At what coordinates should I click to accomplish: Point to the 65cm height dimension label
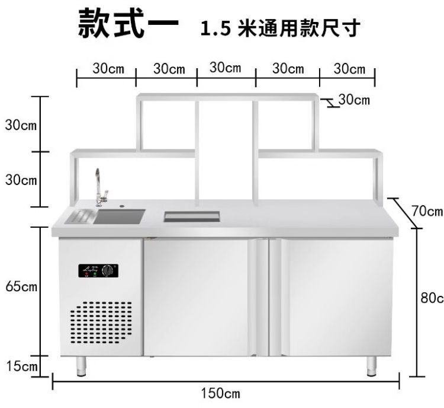[21, 287]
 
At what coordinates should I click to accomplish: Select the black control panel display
[97, 271]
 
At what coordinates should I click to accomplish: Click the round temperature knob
[107, 271]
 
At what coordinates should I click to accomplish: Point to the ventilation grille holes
[101, 323]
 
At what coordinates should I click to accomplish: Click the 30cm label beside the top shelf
[353, 100]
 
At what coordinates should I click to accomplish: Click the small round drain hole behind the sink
[123, 207]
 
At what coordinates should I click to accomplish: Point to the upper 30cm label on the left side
[21, 125]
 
